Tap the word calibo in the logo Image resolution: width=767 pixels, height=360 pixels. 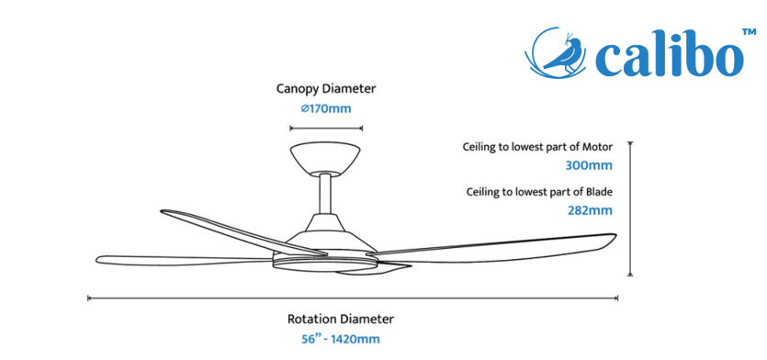click(669, 55)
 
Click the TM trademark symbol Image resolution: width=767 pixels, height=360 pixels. click(749, 32)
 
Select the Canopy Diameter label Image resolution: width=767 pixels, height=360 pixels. click(326, 89)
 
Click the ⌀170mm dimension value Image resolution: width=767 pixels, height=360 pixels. click(326, 108)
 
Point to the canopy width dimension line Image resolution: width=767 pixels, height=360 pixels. click(326, 129)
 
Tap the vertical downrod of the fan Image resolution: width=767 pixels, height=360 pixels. click(325, 194)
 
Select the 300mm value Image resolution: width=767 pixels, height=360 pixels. click(589, 165)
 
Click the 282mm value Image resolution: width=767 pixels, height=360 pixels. click(590, 211)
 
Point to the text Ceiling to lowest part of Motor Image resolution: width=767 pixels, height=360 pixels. click(537, 147)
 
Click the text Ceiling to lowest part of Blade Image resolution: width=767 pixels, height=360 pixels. click(539, 192)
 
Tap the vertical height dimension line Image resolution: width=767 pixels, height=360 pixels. click(630, 209)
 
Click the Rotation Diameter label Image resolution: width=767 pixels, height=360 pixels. click(341, 320)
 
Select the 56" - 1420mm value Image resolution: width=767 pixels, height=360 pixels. click(341, 339)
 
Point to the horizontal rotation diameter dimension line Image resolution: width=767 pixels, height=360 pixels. click(353, 298)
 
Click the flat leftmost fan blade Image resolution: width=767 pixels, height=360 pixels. click(184, 260)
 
